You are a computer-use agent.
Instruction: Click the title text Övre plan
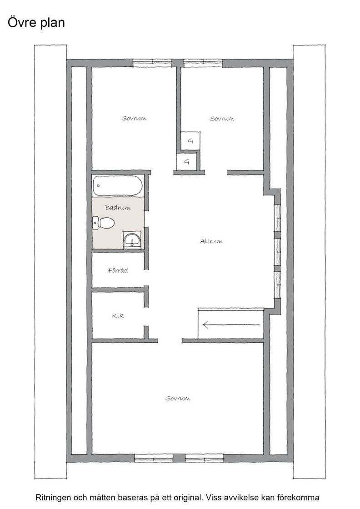coord(36,23)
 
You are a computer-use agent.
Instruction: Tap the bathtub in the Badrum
coord(118,186)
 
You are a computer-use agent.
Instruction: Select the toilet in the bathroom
coord(104,223)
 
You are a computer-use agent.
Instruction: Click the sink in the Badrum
coord(132,240)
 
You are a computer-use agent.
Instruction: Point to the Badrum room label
coord(118,207)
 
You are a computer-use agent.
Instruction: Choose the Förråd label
coord(118,270)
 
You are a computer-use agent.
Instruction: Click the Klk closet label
coord(118,315)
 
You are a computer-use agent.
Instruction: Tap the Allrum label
coord(211,241)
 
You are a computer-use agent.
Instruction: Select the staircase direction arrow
coord(231,324)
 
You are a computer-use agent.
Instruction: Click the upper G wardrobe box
coord(190,141)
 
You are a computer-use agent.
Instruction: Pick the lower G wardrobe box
coord(186,161)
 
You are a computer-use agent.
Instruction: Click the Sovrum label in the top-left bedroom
coord(134,118)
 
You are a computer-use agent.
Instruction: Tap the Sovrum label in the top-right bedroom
coord(222,119)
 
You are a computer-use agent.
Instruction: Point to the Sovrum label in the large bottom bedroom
coord(178,398)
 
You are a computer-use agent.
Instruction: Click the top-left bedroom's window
coord(153,63)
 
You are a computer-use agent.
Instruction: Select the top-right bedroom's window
coord(204,63)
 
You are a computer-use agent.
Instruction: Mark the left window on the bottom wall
coord(154,458)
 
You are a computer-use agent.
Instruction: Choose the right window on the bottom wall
coord(205,458)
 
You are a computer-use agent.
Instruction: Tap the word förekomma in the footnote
coord(301,497)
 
